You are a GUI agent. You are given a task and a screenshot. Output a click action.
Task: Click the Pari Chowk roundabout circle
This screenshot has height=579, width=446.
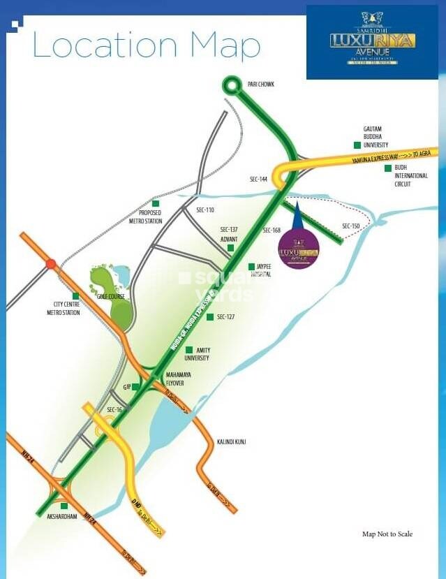(231, 85)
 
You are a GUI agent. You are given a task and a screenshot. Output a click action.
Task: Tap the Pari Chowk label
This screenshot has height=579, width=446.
(262, 85)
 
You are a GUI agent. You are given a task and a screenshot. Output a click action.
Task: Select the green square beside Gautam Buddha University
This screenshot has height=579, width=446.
(357, 145)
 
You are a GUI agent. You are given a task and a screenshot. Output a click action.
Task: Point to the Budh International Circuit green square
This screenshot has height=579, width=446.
(388, 168)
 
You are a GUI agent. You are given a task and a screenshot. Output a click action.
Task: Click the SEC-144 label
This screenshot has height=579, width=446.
(258, 179)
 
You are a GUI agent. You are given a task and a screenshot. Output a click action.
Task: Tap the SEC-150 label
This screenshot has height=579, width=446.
(351, 226)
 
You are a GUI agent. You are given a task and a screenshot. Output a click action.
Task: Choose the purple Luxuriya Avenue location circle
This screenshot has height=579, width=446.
(299, 249)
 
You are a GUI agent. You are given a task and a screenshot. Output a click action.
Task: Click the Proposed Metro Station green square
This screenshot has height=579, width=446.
(155, 203)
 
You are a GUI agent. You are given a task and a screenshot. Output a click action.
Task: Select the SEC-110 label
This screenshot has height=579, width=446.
(205, 210)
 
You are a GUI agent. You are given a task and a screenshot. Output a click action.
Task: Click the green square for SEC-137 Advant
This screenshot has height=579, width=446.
(230, 247)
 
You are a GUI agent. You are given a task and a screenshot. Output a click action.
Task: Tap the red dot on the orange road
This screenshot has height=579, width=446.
(50, 264)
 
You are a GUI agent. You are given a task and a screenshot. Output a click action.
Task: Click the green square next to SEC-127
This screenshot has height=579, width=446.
(209, 317)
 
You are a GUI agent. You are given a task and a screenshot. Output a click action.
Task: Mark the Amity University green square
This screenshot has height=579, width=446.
(188, 349)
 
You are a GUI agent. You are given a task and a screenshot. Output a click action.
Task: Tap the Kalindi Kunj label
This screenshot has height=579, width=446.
(231, 442)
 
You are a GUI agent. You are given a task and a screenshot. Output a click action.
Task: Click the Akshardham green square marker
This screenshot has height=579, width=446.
(64, 506)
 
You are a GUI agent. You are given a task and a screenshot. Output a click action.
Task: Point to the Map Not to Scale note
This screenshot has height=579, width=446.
(387, 534)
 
